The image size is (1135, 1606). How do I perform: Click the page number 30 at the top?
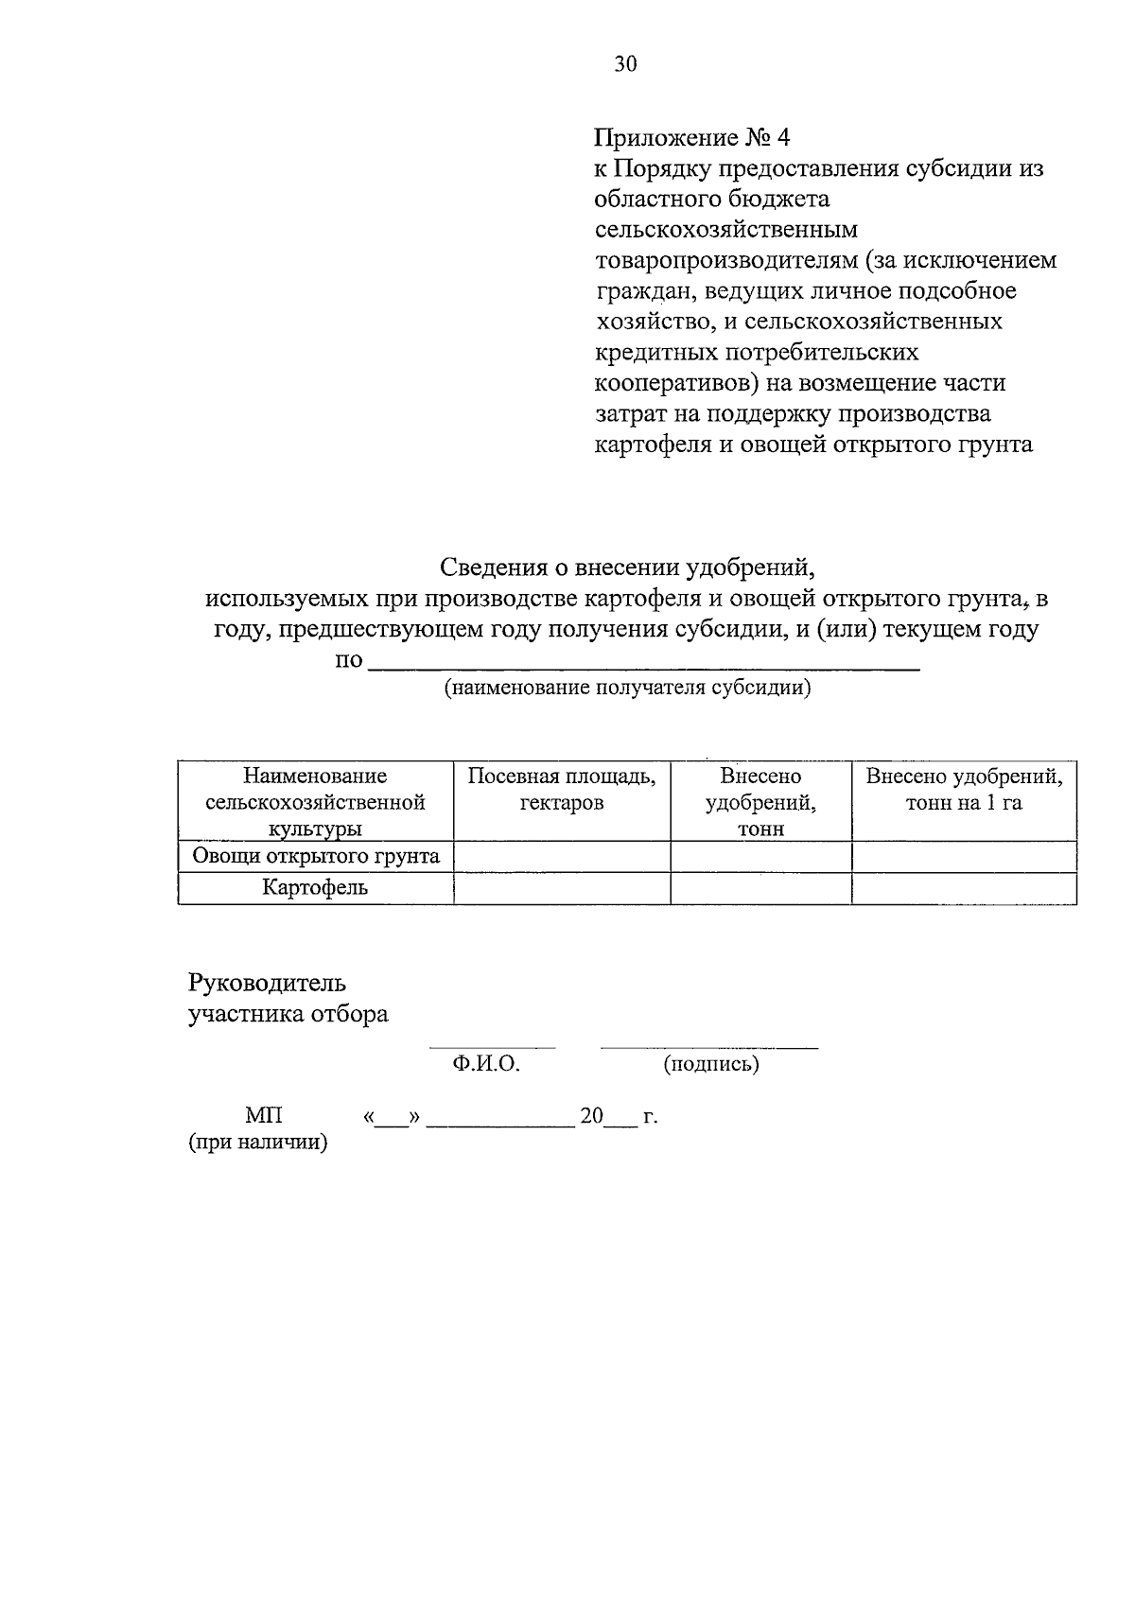click(x=626, y=64)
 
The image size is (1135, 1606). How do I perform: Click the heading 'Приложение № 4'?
click(x=691, y=138)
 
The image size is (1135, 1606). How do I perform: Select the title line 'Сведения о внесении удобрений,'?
click(x=627, y=567)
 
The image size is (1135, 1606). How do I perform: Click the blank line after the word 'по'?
click(x=643, y=667)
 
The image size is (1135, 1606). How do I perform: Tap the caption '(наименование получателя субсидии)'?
click(x=628, y=688)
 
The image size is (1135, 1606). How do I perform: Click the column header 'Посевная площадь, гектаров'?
click(x=562, y=790)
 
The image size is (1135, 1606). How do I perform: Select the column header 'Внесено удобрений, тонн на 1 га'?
click(x=964, y=790)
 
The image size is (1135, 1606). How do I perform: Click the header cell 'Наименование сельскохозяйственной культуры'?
click(x=315, y=801)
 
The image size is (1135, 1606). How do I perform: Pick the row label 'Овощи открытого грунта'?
click(x=316, y=857)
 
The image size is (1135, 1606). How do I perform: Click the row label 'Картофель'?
click(x=315, y=888)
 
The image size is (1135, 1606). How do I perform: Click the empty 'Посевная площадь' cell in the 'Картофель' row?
click(x=562, y=888)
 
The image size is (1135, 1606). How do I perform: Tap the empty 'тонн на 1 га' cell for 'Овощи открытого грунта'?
click(x=964, y=857)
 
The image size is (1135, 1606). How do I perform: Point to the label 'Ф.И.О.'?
click(x=486, y=1064)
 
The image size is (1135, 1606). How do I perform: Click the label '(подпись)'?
click(x=711, y=1064)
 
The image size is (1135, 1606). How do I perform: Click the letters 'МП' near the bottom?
click(x=264, y=1116)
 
